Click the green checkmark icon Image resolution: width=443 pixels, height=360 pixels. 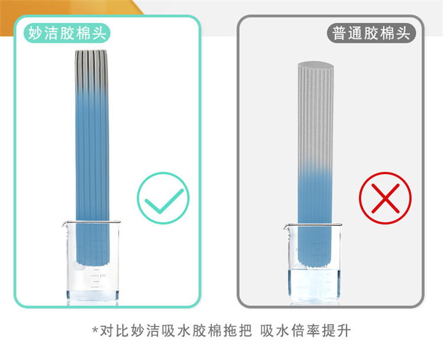163,198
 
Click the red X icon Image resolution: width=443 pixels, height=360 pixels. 385,198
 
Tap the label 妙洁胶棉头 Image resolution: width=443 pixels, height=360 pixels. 67,33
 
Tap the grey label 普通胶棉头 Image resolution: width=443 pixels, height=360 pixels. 372,33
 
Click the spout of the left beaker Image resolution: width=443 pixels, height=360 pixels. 64,224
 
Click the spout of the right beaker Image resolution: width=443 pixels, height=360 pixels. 286,226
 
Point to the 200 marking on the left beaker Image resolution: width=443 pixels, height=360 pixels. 103,275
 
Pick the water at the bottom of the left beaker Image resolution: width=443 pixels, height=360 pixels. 93,296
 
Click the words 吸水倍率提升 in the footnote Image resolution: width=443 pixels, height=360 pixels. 306,330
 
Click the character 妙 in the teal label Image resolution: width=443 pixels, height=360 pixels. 35,33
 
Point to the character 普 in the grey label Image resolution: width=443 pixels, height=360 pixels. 339,33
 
